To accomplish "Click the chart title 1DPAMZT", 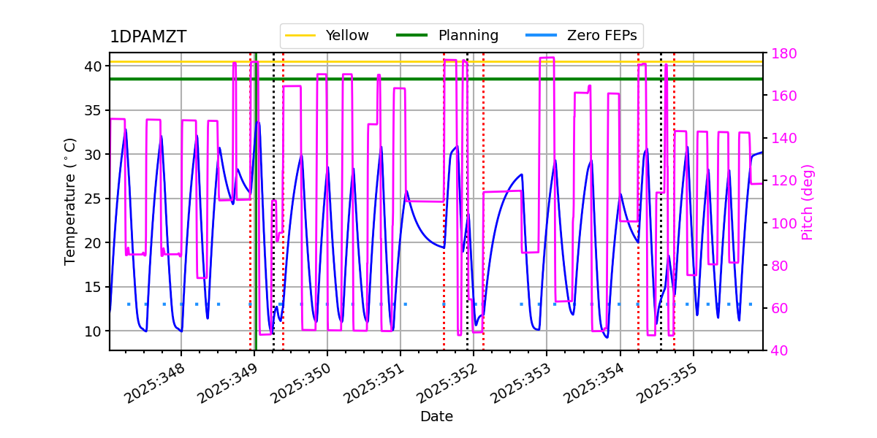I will (x=148, y=37).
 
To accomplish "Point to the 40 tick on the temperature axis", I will (x=93, y=66).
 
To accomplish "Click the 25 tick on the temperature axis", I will (x=93, y=199).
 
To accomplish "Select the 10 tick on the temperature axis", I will (x=93, y=331).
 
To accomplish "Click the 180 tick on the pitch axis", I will (x=782, y=53).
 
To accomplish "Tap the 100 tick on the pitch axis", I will (x=782, y=223).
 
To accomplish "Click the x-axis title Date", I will (x=436, y=417).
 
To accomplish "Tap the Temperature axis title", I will (x=70, y=201).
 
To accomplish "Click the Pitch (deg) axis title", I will (x=808, y=202).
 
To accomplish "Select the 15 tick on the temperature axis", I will (x=93, y=287).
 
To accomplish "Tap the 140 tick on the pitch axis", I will (x=782, y=139).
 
